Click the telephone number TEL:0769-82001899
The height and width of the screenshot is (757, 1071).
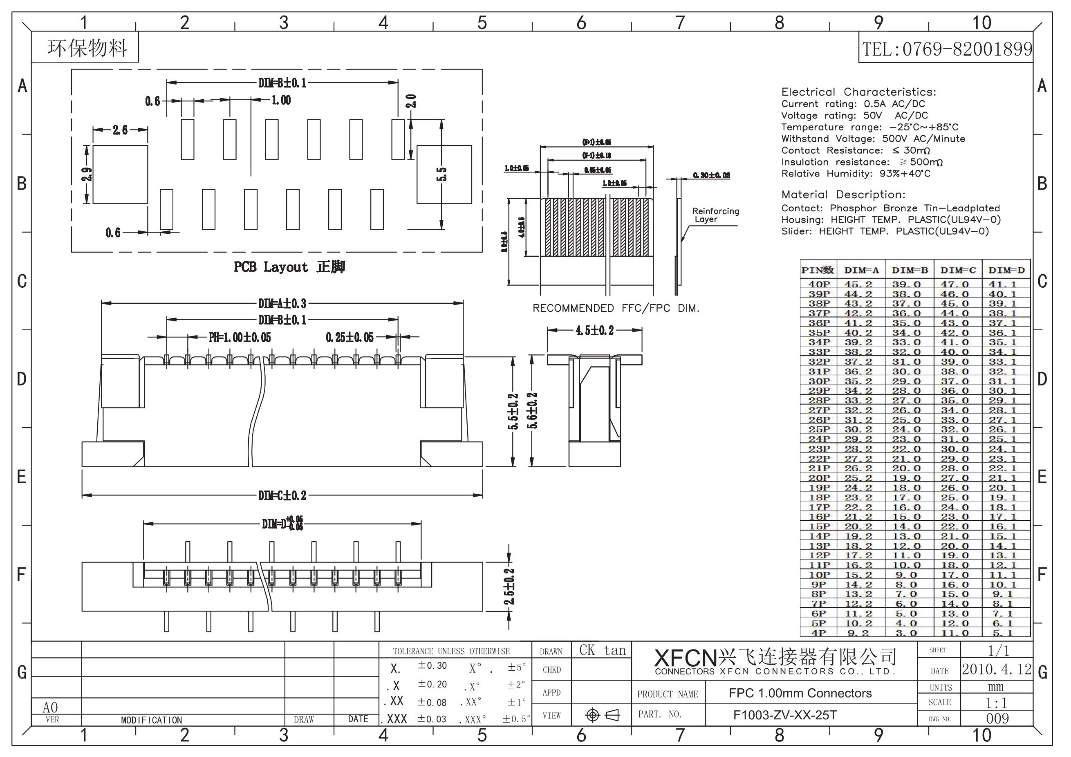pyautogui.click(x=946, y=49)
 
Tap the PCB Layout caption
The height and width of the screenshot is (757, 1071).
pyautogui.click(x=289, y=267)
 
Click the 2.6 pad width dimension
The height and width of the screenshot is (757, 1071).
pyautogui.click(x=120, y=130)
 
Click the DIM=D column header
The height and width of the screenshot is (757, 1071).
pyautogui.click(x=1006, y=270)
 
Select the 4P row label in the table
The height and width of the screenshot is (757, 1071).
pyautogui.click(x=819, y=633)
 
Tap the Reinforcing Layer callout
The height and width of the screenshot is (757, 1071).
pyautogui.click(x=715, y=215)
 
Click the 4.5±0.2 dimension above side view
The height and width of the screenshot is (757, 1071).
pyautogui.click(x=594, y=331)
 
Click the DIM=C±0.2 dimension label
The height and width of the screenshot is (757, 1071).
pyautogui.click(x=282, y=495)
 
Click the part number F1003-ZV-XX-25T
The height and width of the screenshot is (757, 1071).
pyautogui.click(x=785, y=715)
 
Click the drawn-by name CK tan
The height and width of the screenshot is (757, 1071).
pyautogui.click(x=602, y=651)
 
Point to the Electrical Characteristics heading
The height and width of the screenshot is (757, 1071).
pyautogui.click(x=858, y=92)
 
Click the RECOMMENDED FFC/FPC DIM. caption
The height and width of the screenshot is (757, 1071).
pyautogui.click(x=616, y=308)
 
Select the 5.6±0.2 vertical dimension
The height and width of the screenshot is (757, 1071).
pyautogui.click(x=533, y=410)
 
